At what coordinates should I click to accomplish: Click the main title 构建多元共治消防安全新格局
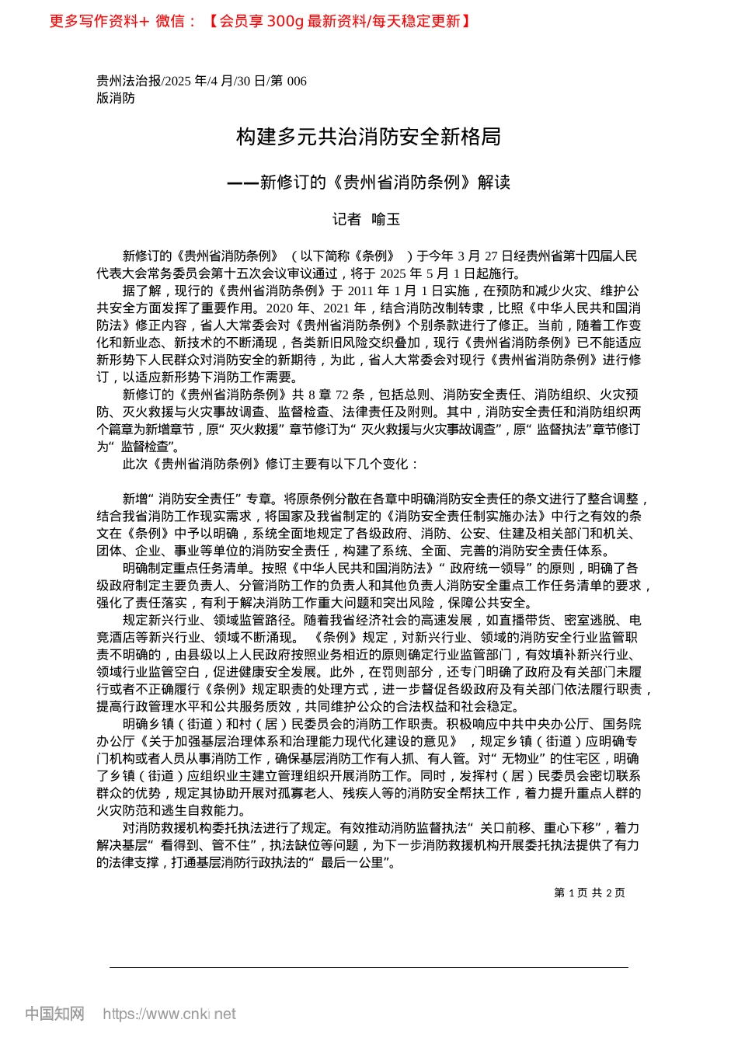[368, 137]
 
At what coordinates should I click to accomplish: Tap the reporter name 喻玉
[386, 220]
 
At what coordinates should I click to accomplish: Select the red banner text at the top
[260, 21]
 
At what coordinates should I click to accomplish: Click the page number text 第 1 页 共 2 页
[589, 893]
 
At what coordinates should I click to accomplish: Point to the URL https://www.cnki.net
[169, 1014]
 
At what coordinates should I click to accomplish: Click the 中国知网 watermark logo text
[54, 1014]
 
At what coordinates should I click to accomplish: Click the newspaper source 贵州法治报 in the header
[128, 81]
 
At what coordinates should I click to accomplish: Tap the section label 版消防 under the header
[116, 98]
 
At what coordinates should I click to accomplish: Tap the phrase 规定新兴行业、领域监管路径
[207, 620]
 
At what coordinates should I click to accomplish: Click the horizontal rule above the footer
[368, 967]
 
